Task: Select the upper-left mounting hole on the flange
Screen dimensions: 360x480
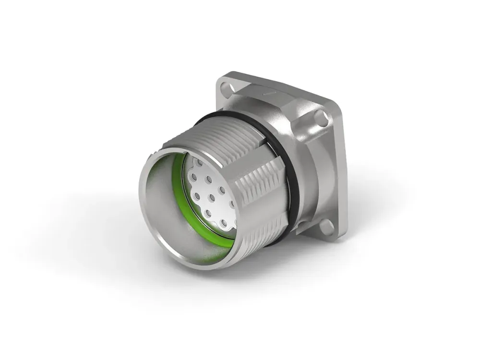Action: [224, 87]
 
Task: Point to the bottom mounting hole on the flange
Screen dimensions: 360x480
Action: [327, 225]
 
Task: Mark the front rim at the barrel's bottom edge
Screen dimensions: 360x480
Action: [192, 264]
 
